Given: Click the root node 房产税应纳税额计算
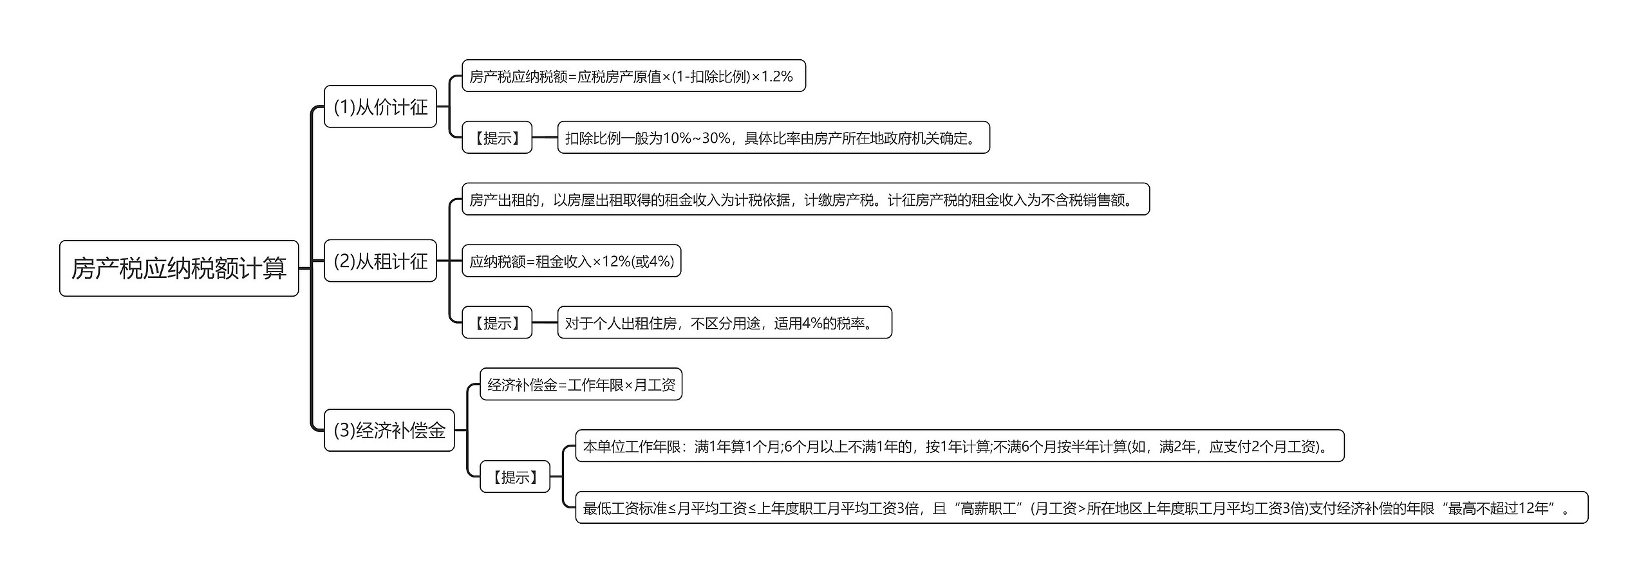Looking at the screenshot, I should (x=179, y=268).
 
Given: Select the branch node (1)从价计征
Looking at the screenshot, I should (x=380, y=107).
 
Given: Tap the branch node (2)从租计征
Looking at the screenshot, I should (x=380, y=261).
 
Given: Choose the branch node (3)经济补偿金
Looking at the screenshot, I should (x=389, y=430).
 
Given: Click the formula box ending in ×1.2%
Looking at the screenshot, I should (x=633, y=77).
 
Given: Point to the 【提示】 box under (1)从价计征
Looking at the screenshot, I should (x=497, y=138).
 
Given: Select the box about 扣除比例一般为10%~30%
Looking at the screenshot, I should (x=773, y=138).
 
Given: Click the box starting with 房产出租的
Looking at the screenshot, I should (x=805, y=199).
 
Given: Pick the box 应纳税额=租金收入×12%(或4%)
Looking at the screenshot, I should (x=571, y=261).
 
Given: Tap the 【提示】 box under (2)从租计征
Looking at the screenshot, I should (x=497, y=322).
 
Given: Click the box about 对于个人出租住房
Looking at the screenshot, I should (x=724, y=322).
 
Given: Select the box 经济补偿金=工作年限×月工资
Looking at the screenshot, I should (x=581, y=385).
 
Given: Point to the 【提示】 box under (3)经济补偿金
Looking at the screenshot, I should (x=515, y=477).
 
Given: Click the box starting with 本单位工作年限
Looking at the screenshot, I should (x=959, y=446).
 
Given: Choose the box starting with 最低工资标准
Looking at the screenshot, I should (x=1081, y=508).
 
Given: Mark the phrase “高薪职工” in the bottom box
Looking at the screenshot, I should (x=988, y=508).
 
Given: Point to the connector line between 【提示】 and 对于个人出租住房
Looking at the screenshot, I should (x=545, y=322).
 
